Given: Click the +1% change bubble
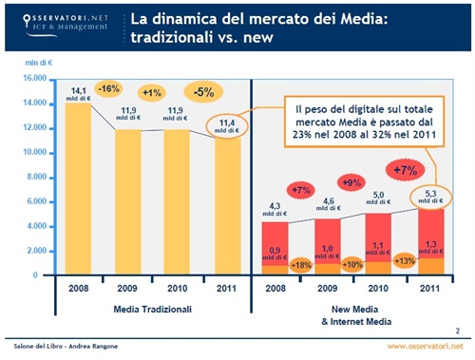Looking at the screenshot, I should (150, 93).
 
